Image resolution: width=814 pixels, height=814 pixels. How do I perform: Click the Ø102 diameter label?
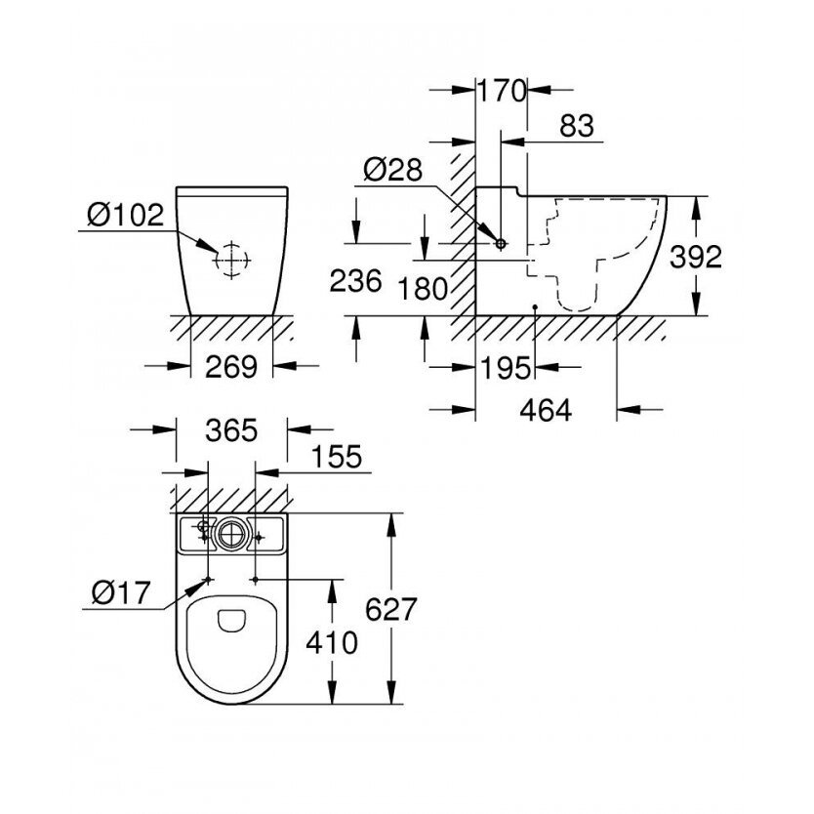[126, 214]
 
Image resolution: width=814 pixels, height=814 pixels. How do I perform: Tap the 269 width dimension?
[231, 367]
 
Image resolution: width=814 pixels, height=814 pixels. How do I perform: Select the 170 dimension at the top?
[502, 91]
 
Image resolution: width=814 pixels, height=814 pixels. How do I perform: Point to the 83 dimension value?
[577, 126]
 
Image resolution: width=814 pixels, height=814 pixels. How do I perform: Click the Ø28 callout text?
[393, 169]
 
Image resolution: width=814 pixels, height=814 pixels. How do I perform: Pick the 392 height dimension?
[696, 257]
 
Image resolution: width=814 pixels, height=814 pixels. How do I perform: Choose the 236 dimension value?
[356, 281]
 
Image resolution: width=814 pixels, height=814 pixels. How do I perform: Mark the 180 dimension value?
[423, 289]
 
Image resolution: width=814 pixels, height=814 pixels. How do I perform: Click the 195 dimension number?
[506, 368]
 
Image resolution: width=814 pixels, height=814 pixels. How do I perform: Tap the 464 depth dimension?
[547, 410]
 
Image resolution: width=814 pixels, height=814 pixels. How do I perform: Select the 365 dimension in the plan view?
[231, 430]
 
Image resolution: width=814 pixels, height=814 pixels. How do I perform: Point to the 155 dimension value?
[337, 457]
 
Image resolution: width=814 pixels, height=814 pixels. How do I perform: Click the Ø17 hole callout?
[121, 592]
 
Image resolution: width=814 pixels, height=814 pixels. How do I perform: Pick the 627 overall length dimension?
[391, 609]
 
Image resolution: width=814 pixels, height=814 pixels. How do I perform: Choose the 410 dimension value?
[332, 642]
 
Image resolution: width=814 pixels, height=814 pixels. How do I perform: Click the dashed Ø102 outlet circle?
[232, 260]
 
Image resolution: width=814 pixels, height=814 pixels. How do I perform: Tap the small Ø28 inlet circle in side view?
[501, 243]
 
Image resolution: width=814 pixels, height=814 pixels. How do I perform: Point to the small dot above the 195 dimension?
[535, 307]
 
